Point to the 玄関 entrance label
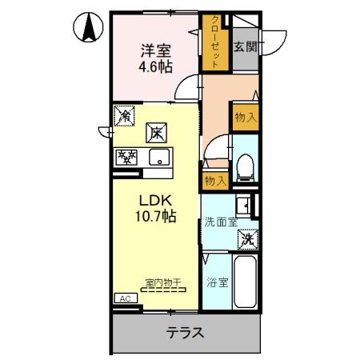coord(245,46)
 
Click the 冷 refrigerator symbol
coord(124,117)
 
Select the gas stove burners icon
coord(126,157)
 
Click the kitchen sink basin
coord(160,157)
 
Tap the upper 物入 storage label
coord(246,118)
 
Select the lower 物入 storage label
coord(214,181)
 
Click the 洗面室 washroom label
coord(218,222)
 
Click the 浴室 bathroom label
coord(217,282)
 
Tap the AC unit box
coord(125,298)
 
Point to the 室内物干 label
coord(163,282)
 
